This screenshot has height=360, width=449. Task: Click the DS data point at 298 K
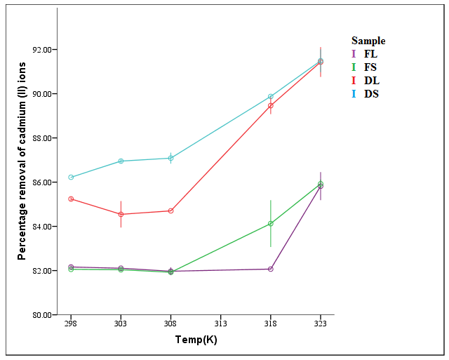tap(71, 177)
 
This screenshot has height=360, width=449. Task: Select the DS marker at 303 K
tap(121, 161)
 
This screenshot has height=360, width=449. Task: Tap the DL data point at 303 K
tap(121, 214)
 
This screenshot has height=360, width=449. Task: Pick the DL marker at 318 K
tap(270, 105)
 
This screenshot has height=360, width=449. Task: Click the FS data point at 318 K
tap(270, 223)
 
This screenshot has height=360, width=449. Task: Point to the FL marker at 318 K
tap(270, 269)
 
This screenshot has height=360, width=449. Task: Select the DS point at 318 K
tap(270, 96)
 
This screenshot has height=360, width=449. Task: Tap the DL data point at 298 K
tap(71, 199)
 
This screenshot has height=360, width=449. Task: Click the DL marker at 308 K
tap(170, 211)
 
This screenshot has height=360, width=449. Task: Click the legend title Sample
tap(368, 41)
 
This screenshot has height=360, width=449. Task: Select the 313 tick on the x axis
tap(220, 325)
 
